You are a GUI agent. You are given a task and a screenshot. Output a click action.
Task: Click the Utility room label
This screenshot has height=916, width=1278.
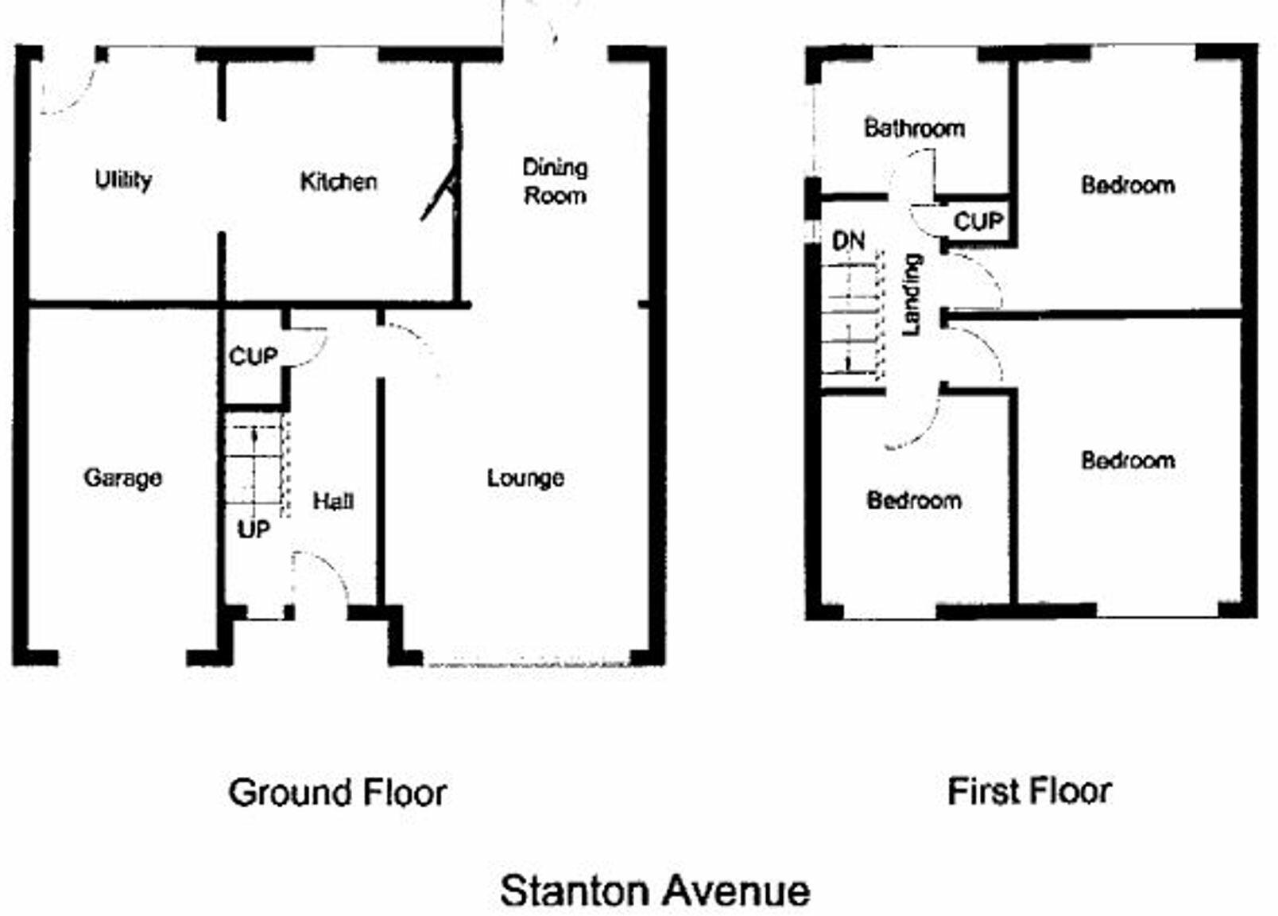(x=123, y=180)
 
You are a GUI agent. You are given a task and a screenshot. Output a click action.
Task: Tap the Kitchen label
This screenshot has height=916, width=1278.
(x=339, y=182)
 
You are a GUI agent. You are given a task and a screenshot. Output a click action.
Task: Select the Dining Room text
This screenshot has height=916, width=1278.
(x=555, y=181)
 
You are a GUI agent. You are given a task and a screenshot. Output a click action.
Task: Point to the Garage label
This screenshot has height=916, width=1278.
(x=122, y=478)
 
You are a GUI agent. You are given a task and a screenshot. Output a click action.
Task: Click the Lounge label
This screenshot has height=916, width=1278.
(x=525, y=478)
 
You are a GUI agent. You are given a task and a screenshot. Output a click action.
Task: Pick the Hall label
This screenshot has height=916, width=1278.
(x=333, y=502)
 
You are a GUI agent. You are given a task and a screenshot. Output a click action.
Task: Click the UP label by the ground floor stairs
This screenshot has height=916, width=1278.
(x=254, y=530)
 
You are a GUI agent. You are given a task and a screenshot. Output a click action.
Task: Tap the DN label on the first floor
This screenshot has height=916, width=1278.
(x=848, y=242)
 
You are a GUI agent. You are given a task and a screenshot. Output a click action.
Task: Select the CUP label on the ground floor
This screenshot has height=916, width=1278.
(x=254, y=357)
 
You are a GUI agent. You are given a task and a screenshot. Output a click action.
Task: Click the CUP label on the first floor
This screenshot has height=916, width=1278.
(x=978, y=221)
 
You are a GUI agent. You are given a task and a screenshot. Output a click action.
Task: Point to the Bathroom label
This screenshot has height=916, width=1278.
(x=915, y=128)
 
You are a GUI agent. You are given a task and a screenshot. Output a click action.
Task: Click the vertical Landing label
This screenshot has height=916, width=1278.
(x=912, y=295)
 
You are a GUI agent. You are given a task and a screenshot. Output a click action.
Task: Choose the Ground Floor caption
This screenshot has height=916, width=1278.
(x=338, y=793)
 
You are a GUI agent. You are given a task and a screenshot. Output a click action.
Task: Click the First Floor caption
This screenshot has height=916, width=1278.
(x=1030, y=792)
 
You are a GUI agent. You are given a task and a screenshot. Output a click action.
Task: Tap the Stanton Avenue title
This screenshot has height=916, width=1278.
(x=655, y=891)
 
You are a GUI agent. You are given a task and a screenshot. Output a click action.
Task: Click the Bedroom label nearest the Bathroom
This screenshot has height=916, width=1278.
(x=1129, y=185)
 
